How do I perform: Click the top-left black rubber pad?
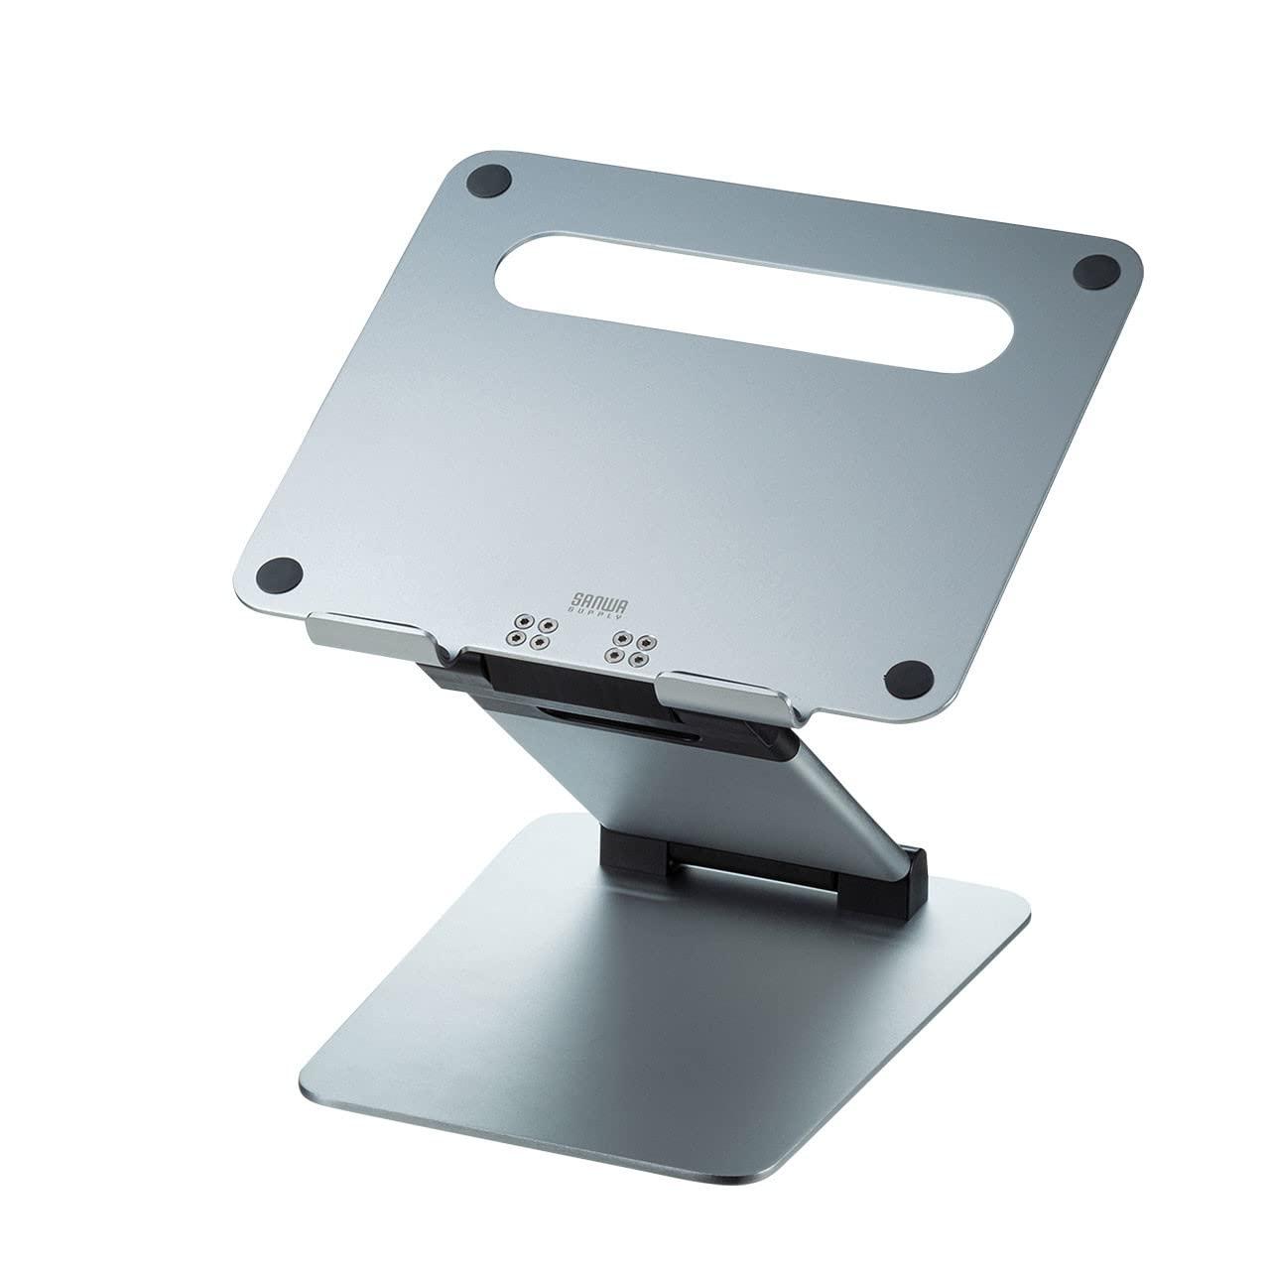coord(489,185)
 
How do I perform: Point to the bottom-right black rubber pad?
coord(909,680)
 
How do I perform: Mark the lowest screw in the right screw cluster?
coord(639,659)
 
